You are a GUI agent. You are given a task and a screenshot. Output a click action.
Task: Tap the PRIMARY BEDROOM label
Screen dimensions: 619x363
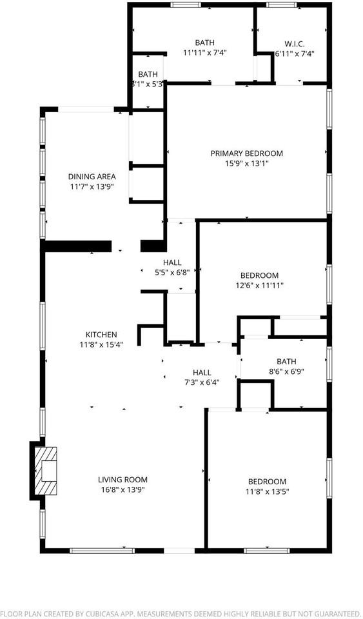(246, 153)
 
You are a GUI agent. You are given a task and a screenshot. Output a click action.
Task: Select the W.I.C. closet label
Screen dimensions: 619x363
(293, 44)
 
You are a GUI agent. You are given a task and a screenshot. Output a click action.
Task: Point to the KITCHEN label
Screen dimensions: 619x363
(101, 335)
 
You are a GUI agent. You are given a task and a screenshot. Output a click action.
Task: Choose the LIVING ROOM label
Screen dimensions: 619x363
(123, 480)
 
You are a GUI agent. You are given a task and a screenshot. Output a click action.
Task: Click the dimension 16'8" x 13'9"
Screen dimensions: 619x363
(123, 490)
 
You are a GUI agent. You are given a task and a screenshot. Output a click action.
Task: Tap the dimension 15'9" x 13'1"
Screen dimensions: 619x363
(246, 164)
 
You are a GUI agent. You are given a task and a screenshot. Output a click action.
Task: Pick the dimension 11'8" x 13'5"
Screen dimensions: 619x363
(267, 492)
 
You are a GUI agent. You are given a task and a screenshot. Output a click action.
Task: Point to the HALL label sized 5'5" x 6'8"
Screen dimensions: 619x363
(172, 262)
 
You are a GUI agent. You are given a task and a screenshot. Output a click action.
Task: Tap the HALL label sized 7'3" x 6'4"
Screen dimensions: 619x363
(202, 372)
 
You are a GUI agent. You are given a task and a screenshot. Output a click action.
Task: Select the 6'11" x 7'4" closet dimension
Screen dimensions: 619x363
(293, 54)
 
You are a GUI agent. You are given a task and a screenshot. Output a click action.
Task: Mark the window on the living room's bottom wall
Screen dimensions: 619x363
(102, 550)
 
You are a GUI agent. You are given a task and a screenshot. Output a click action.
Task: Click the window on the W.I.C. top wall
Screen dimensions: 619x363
(280, 6)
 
